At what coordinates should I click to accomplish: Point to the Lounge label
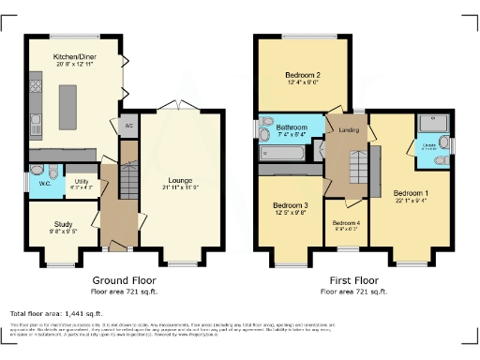coord(180,180)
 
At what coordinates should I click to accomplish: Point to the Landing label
coord(348,130)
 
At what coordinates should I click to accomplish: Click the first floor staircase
coord(357,169)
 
